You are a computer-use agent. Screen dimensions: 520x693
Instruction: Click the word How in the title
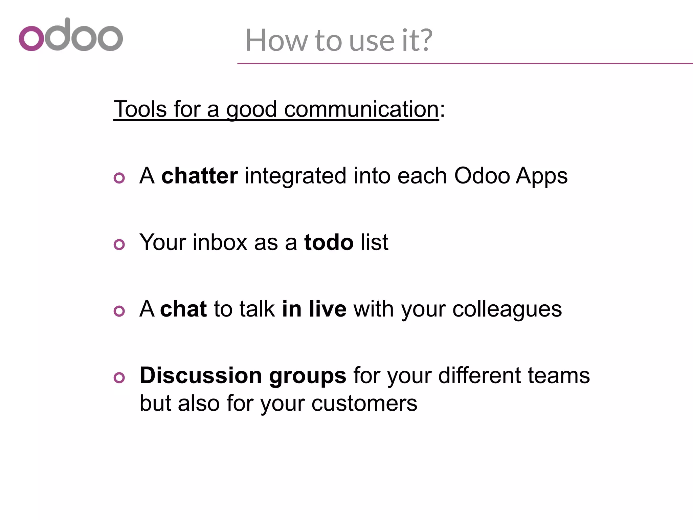click(276, 40)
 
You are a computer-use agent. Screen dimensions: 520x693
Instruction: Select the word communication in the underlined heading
click(361, 110)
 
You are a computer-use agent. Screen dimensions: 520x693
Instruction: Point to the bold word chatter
click(199, 176)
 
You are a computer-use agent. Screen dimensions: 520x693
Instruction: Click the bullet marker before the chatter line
click(119, 178)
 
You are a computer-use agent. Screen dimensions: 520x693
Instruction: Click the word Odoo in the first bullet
click(482, 176)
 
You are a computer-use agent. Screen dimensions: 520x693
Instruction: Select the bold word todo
click(329, 243)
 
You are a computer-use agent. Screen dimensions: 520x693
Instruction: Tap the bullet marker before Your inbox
click(119, 244)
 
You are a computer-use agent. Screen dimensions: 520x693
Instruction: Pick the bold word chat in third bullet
click(183, 309)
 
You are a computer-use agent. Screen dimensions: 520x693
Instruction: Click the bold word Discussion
click(201, 375)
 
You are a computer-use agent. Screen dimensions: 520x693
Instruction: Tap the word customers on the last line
click(364, 404)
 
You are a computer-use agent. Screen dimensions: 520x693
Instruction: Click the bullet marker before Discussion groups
click(119, 377)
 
